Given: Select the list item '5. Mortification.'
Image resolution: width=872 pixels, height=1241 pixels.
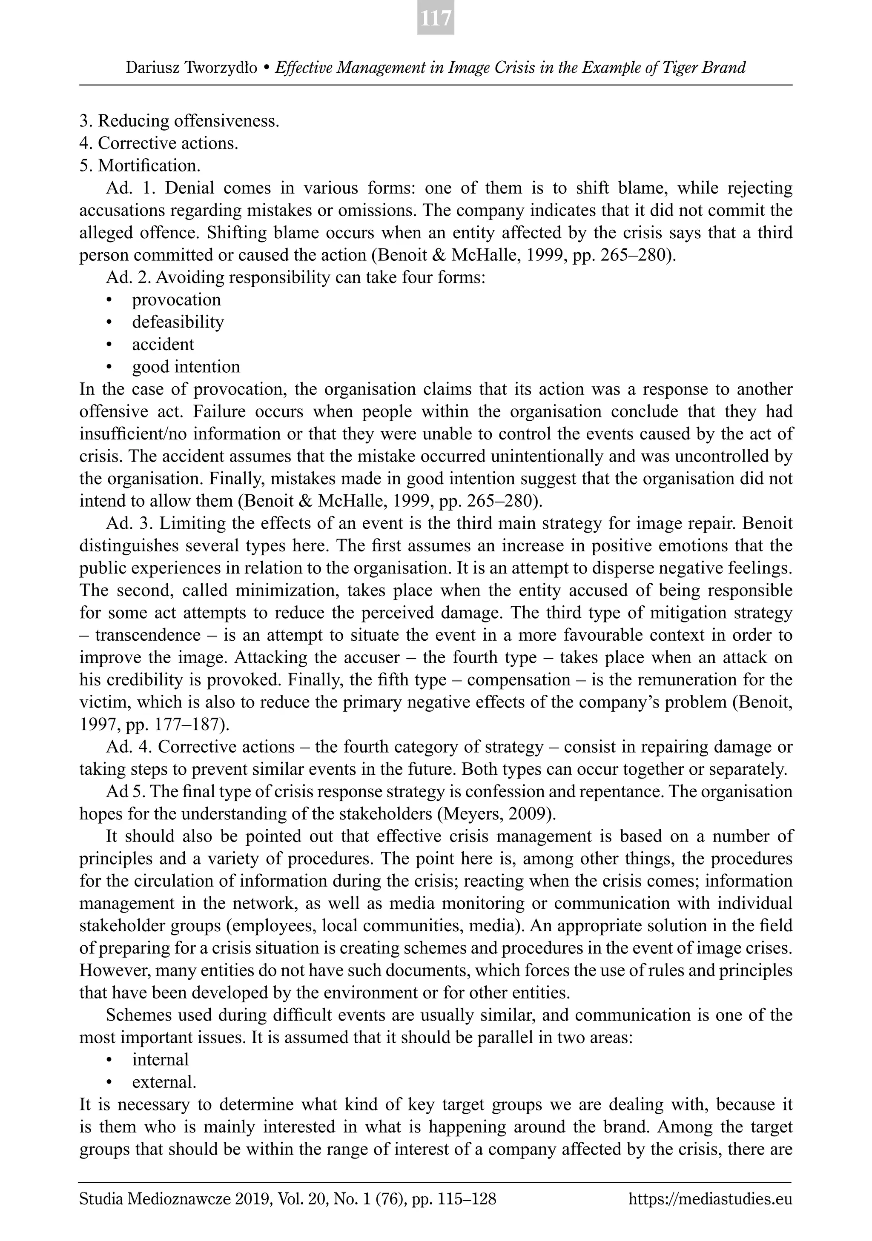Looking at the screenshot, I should click(x=140, y=165).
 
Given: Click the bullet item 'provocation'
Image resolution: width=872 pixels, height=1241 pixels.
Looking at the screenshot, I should click(x=176, y=300).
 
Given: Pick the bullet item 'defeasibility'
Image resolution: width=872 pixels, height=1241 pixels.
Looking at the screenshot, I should click(x=178, y=322).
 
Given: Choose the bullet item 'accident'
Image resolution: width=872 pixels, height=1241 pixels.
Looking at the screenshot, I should click(x=163, y=344).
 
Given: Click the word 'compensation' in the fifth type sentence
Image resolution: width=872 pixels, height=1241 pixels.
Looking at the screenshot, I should click(x=518, y=679).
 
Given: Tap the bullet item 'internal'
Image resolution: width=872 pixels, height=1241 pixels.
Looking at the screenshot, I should click(x=160, y=1059).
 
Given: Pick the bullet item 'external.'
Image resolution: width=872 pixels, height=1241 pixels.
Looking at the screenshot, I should click(x=164, y=1082).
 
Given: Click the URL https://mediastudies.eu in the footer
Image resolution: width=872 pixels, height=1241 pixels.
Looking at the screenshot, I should click(x=710, y=1199).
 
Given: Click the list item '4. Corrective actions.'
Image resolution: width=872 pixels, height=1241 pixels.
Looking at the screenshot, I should click(x=158, y=143).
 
